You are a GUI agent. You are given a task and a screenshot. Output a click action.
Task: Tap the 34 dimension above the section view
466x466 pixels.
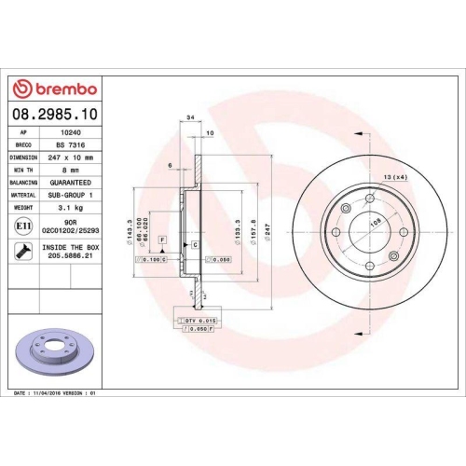click(189, 118)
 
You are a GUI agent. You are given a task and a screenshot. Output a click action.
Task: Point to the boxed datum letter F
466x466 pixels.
click(162, 240)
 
